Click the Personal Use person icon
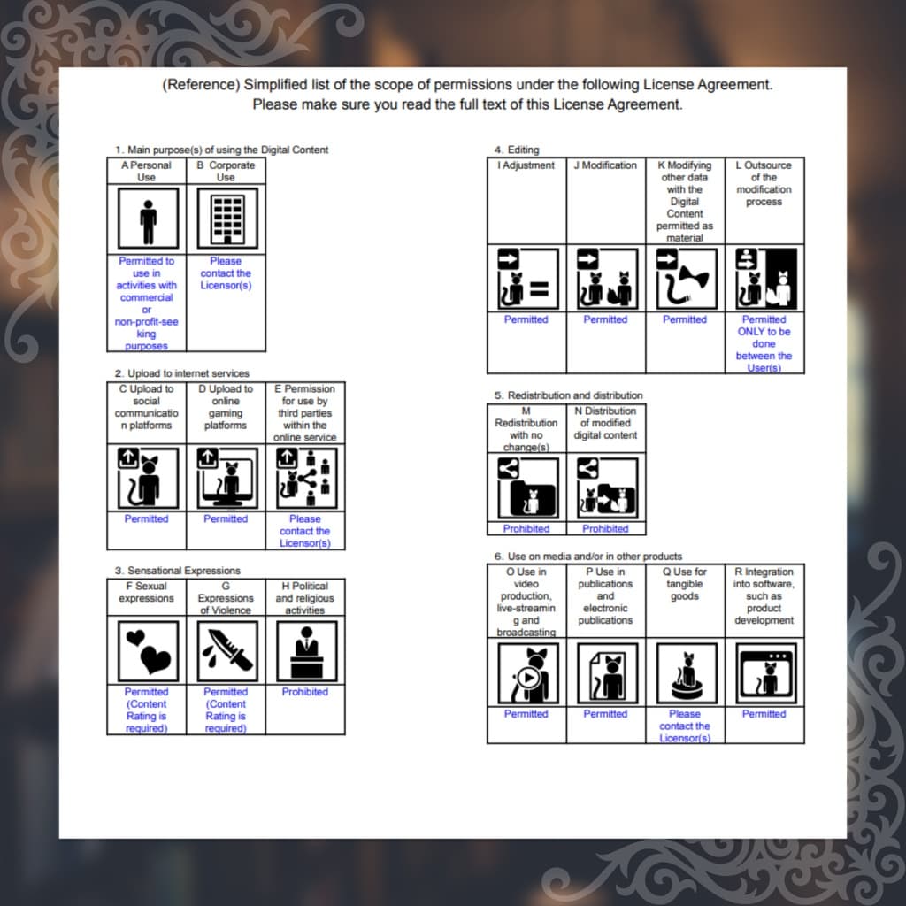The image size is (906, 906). [148, 219]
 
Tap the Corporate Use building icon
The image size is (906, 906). [227, 219]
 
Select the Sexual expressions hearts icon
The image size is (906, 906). [148, 651]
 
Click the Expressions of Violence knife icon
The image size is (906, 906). [227, 651]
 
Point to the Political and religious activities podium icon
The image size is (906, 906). [306, 651]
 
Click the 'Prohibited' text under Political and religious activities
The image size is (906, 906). [305, 692]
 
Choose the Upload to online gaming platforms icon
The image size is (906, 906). [227, 478]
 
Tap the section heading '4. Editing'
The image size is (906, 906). [517, 150]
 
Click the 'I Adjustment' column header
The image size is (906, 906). [526, 165]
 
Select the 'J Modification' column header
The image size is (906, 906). [605, 165]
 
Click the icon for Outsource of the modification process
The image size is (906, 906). [765, 279]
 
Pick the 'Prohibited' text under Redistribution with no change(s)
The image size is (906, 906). [526, 529]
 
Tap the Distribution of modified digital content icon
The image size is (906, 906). [607, 488]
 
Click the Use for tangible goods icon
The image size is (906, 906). [687, 673]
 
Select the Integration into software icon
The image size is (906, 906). [765, 673]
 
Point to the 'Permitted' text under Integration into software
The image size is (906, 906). [764, 714]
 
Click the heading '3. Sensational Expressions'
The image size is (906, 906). [177, 571]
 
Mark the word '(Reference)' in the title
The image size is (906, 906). [201, 85]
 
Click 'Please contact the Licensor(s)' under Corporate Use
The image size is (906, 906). [226, 273]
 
